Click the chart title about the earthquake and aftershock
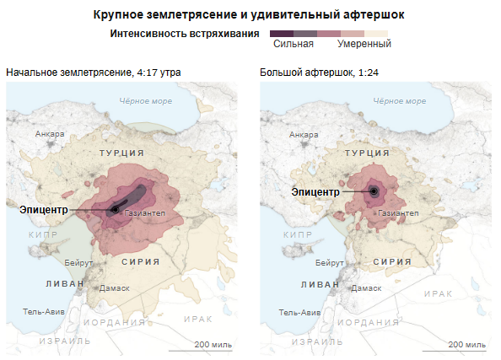click(250, 14)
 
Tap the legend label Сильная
click(294, 44)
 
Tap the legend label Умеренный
click(364, 44)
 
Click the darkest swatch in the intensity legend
click(281, 33)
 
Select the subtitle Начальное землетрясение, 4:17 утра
click(93, 73)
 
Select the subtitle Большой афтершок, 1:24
click(320, 73)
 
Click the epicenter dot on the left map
click(115, 209)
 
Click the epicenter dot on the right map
click(373, 191)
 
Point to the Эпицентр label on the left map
click(44, 209)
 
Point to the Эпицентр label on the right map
click(315, 191)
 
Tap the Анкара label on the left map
click(50, 133)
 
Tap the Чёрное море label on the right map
click(400, 101)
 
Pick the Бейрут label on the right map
click(330, 263)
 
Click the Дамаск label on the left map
click(114, 287)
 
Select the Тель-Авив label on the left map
click(42, 311)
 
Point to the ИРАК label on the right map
click(439, 292)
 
